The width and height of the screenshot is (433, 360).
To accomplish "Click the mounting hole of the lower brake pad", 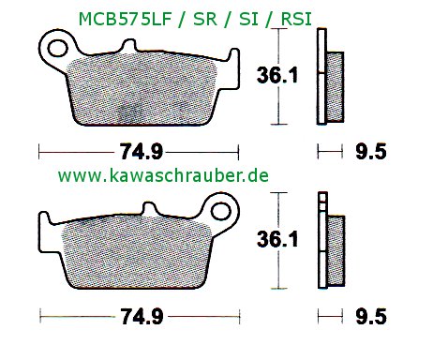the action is click(x=221, y=212).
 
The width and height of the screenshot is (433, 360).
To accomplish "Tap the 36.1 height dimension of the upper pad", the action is click(x=277, y=76).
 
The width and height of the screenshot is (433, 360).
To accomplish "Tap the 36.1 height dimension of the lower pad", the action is click(x=277, y=239).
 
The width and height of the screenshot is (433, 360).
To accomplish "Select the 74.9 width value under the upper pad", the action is click(x=142, y=152).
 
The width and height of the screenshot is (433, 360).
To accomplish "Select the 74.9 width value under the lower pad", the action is click(x=142, y=317).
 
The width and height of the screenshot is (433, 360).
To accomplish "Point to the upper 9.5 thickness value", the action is click(x=371, y=152).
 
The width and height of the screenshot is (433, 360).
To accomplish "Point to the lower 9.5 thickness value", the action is click(x=371, y=317).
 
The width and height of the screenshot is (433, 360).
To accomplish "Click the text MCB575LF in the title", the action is click(x=126, y=20).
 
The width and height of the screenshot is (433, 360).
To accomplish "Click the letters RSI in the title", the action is click(x=296, y=20).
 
